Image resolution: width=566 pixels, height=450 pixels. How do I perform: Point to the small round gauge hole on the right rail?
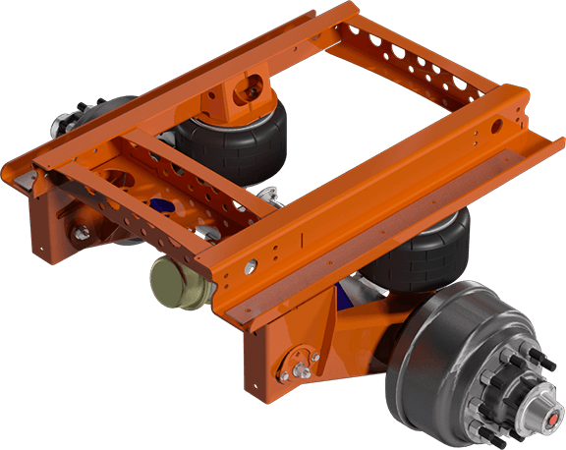(254, 263)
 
